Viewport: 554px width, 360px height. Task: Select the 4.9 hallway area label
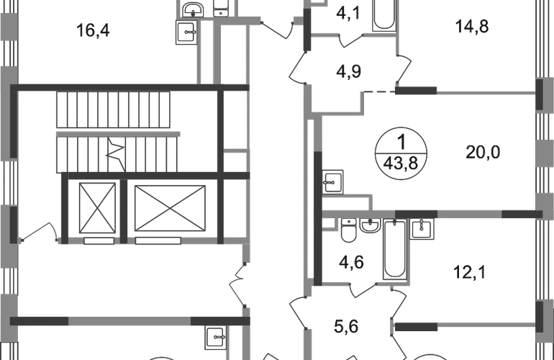(x=351, y=71)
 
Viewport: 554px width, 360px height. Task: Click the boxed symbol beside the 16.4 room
(x=189, y=32)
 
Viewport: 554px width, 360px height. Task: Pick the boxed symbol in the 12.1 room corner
(x=418, y=230)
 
